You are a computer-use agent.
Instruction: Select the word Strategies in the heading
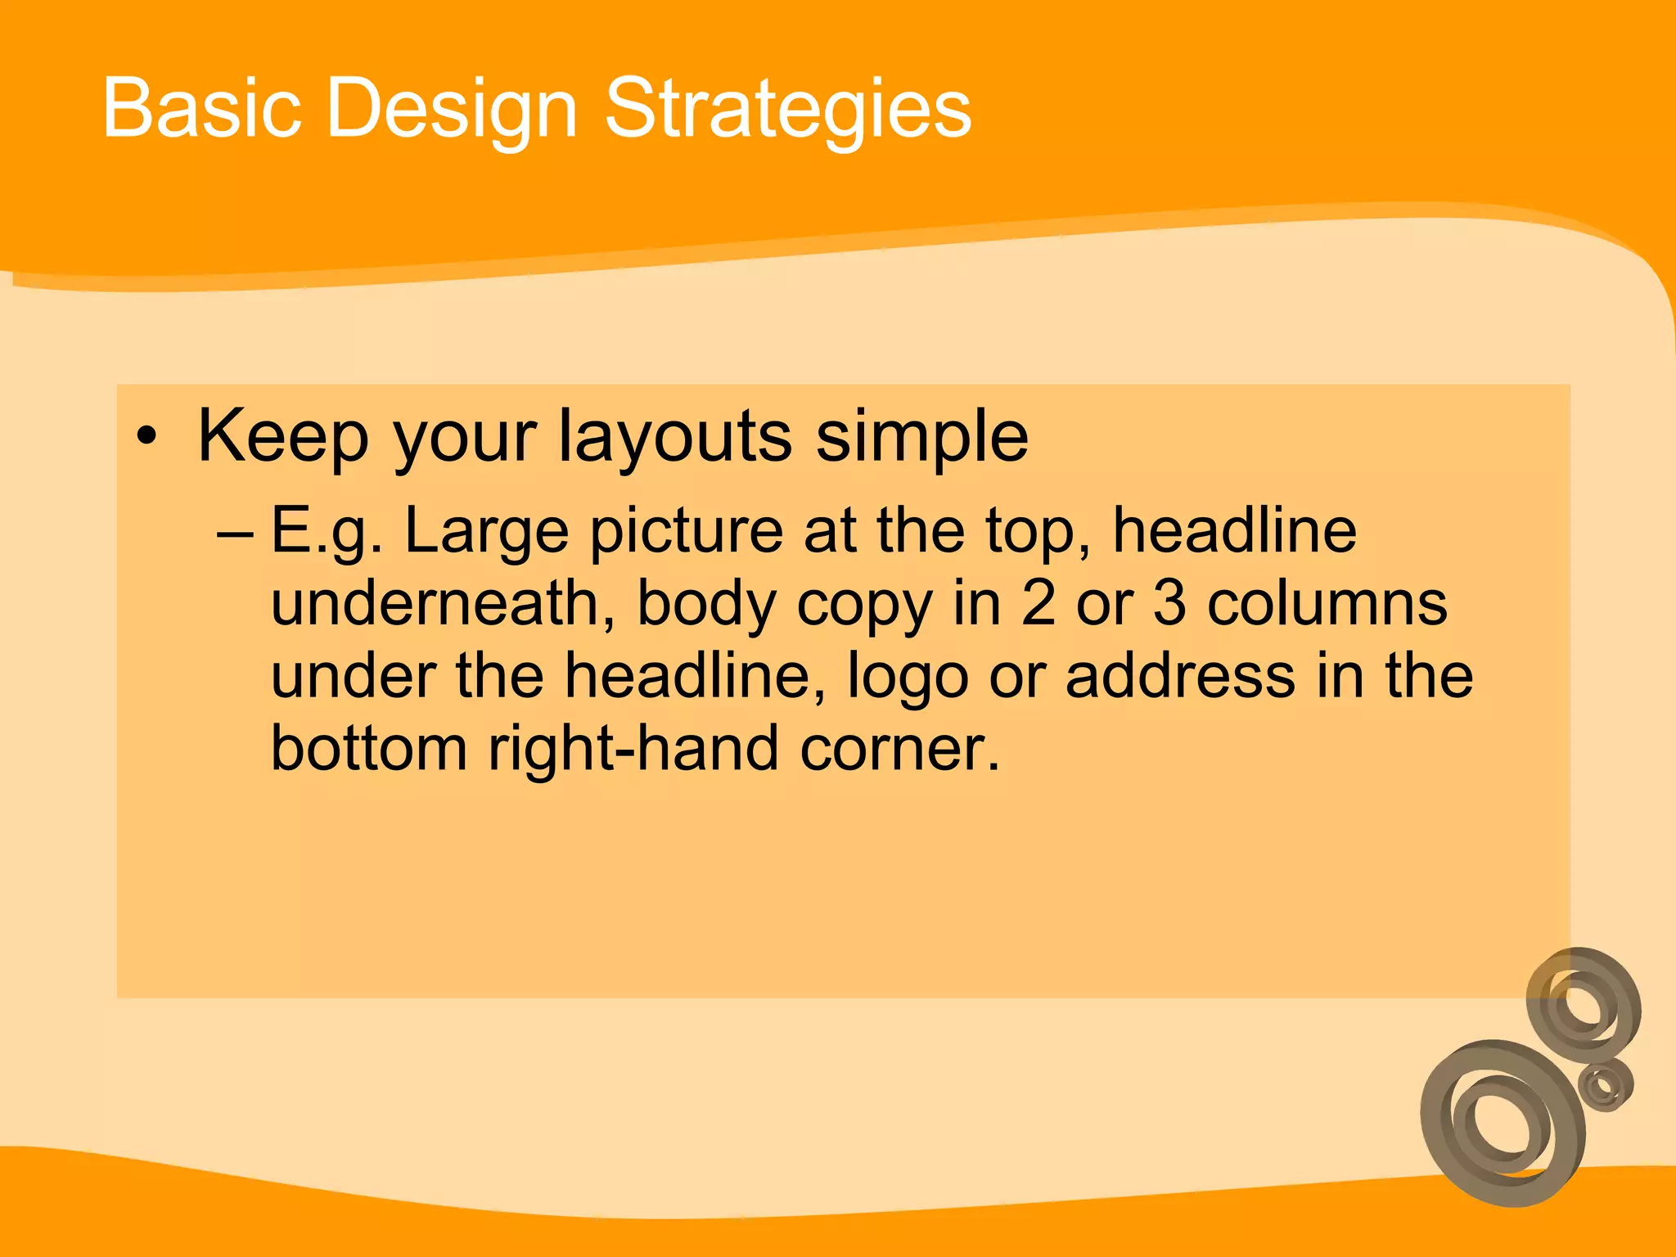pos(787,110)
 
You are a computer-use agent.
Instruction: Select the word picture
pos(686,532)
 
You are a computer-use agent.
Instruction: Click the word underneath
pos(443,603)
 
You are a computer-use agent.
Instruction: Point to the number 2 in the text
pos(1038,603)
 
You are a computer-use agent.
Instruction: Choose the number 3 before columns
pos(1169,603)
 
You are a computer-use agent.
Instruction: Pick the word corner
pos(900,749)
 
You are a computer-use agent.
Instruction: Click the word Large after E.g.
pos(486,533)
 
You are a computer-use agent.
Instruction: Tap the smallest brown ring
pos(1605,1085)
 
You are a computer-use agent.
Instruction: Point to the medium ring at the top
pos(1584,1003)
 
